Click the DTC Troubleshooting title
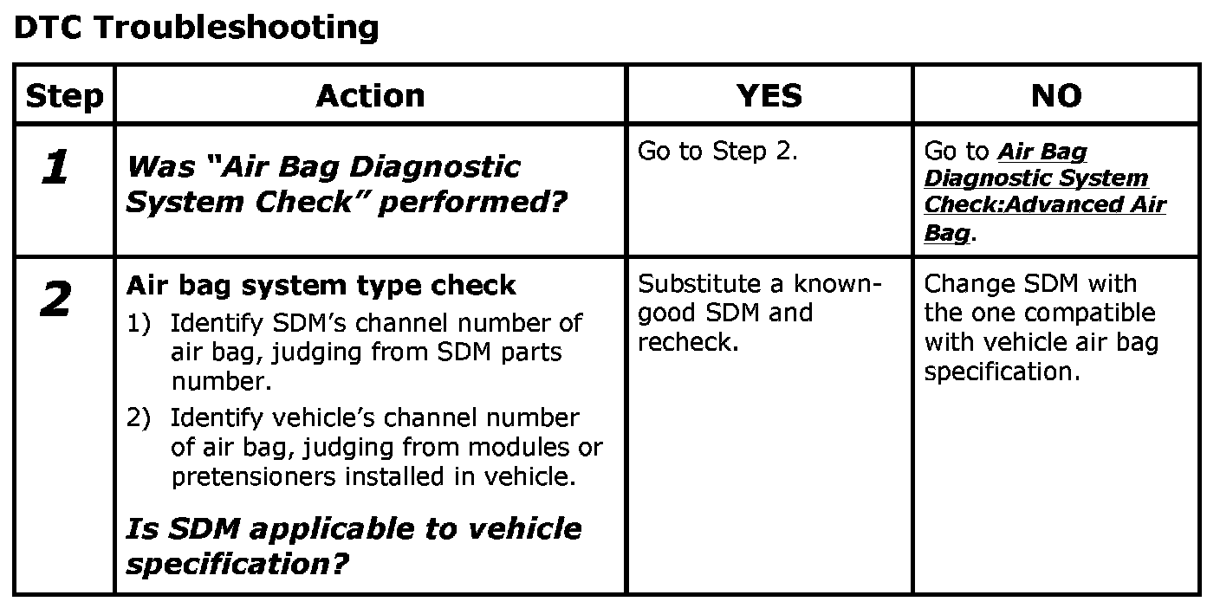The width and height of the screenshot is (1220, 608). click(x=197, y=29)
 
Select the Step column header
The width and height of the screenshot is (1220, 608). click(x=64, y=95)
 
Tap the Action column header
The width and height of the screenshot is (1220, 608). click(x=370, y=95)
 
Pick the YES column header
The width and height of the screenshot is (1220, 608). click(x=769, y=95)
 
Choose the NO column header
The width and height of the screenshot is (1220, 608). click(x=1055, y=95)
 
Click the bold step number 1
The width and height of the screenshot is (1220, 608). click(x=55, y=167)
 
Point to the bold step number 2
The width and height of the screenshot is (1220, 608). click(x=55, y=301)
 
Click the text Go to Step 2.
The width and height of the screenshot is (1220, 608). click(x=717, y=152)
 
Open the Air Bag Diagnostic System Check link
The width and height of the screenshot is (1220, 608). click(x=1044, y=191)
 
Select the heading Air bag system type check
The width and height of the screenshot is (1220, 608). click(x=321, y=285)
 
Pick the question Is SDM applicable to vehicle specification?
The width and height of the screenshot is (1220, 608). click(x=354, y=546)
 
